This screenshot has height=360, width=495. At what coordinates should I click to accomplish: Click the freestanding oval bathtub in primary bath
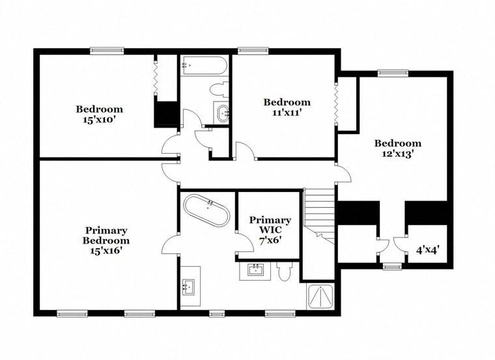click(x=207, y=210)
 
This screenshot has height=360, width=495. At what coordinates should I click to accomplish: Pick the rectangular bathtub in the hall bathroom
click(x=204, y=64)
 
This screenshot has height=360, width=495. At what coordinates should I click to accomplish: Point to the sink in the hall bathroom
click(x=223, y=113)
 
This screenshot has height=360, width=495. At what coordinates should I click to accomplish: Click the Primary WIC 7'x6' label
click(x=270, y=229)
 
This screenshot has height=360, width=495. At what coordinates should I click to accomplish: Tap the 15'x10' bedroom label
click(x=99, y=114)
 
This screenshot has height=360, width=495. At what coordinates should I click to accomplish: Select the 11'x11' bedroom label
click(x=287, y=107)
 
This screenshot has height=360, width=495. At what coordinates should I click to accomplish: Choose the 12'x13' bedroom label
click(x=397, y=148)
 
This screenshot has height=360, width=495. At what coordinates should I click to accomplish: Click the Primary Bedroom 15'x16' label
click(x=106, y=239)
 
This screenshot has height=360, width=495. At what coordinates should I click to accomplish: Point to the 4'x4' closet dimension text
click(x=427, y=249)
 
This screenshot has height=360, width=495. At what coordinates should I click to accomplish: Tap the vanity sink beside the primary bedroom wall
click(x=190, y=286)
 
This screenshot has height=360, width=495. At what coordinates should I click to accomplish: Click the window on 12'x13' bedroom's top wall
click(x=393, y=73)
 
